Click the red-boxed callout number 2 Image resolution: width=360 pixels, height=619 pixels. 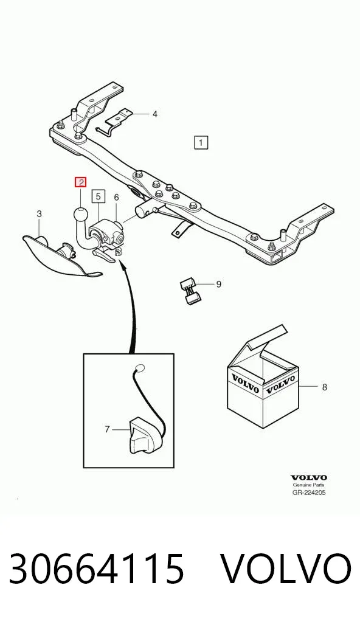(81, 183)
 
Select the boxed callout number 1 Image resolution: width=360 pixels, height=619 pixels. (201, 142)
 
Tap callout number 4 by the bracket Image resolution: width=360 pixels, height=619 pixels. (154, 114)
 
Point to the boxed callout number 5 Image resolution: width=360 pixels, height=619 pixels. (99, 196)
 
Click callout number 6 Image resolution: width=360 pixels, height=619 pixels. (116, 197)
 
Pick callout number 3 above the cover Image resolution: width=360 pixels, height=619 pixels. (39, 214)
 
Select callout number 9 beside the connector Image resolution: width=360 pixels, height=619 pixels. (218, 284)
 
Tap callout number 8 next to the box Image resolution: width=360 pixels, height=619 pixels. (325, 387)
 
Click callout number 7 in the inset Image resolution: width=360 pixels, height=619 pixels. (107, 429)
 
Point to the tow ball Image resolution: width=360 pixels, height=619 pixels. (80, 216)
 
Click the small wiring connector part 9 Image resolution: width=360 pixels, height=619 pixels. (190, 291)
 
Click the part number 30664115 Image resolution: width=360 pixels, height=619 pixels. (97, 569)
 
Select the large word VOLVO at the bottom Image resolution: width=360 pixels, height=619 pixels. (285, 569)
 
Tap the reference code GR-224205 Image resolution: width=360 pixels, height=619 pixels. (309, 493)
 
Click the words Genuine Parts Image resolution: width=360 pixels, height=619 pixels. (309, 485)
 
